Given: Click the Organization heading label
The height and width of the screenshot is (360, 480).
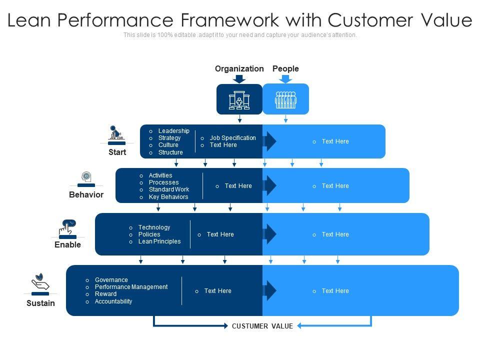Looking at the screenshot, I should tap(239, 69).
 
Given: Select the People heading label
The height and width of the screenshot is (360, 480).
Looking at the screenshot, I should tap(285, 69).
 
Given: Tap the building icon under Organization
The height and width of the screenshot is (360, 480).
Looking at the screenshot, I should tap(239, 99).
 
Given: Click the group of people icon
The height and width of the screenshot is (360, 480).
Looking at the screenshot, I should tap(285, 99).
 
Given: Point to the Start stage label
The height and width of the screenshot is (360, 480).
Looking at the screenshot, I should tap(117, 152).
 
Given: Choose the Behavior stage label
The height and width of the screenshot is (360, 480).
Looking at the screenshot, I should tap(86, 195).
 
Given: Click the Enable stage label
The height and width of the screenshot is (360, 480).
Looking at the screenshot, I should tap(67, 245).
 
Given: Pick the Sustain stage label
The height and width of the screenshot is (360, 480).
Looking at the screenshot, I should tap(40, 303).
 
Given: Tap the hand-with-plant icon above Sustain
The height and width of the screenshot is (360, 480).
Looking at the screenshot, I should tap(40, 282).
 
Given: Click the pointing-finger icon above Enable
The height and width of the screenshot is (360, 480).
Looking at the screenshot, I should tap(67, 227).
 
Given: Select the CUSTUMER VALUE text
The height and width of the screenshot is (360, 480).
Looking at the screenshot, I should tap(262, 326).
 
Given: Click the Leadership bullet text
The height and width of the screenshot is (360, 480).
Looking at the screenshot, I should tap(174, 131).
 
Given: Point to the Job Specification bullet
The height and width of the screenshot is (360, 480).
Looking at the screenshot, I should tap(232, 138).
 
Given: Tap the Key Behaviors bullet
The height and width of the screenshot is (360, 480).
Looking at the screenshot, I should tap(168, 197).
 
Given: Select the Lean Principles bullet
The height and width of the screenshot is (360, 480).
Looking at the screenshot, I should tap(159, 241).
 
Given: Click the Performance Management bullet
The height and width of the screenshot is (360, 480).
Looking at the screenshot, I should tap(131, 287).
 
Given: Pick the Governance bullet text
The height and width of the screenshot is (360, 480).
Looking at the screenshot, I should tap(111, 280).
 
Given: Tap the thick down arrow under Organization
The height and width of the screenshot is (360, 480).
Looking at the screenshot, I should tap(239, 78).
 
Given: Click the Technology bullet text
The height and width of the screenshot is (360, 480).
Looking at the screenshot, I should tap(154, 227).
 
